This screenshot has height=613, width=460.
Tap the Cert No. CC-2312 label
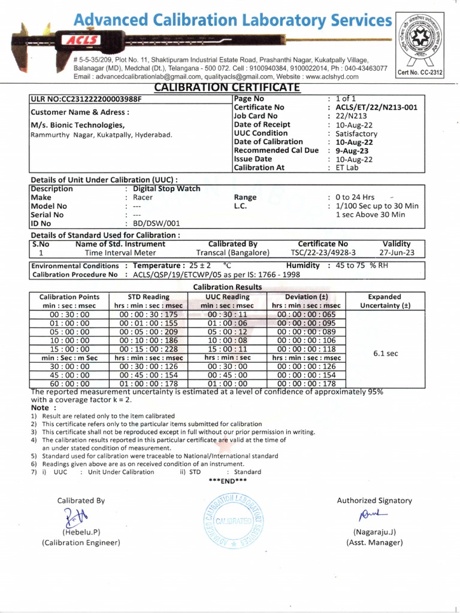coord(420,72)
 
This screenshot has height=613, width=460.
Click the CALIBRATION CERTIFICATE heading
coord(226,88)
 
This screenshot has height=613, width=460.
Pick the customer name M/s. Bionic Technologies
coord(78,125)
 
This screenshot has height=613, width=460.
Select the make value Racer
coord(143,197)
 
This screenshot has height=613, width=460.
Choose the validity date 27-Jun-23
coord(397,253)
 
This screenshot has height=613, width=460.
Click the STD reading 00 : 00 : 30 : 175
coord(149,314)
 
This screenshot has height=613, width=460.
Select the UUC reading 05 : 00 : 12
coord(227,332)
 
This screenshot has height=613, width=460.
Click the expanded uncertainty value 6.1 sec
coord(385,353)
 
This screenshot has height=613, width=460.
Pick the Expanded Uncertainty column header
coord(385,301)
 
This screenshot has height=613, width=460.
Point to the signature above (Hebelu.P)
coord(77,515)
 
